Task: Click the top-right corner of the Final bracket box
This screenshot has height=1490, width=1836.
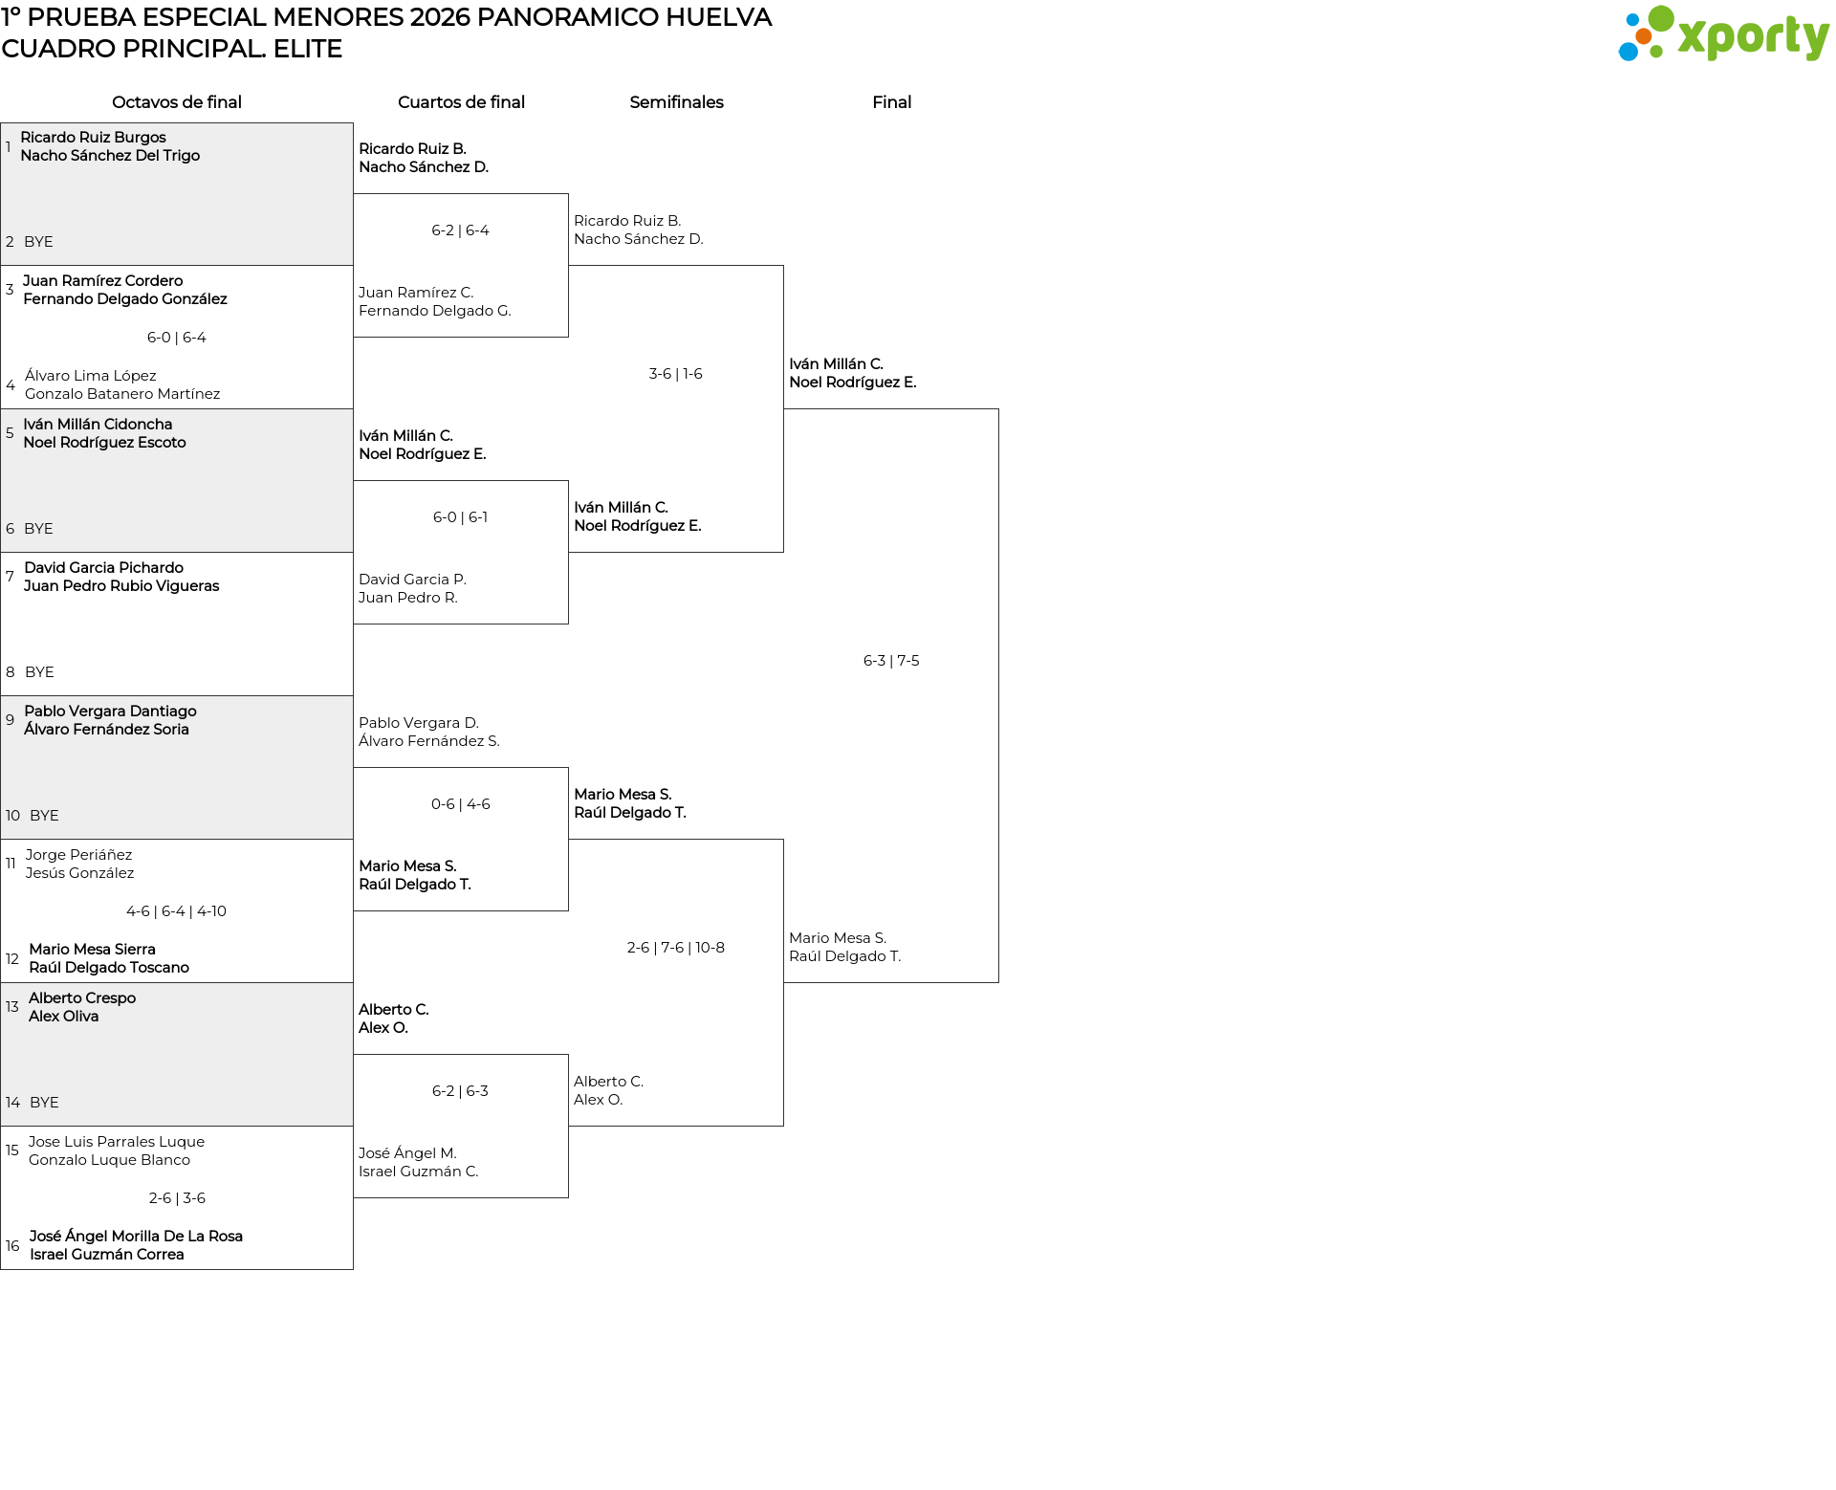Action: [998, 409]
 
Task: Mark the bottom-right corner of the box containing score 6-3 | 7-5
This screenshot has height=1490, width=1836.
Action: [998, 982]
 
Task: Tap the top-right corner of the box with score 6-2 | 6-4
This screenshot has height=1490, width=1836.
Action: [568, 194]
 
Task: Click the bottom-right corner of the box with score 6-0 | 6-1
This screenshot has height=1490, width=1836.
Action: [568, 624]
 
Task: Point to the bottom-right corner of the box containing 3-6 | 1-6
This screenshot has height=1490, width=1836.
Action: [783, 552]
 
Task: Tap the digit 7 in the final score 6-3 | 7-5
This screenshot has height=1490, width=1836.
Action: [901, 661]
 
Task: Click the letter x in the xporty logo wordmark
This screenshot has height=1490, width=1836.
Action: [1693, 37]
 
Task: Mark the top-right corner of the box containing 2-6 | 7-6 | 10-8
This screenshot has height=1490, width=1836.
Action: [783, 840]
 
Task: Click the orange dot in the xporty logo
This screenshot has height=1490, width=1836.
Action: [1643, 36]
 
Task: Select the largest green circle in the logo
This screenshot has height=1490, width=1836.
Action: [1661, 18]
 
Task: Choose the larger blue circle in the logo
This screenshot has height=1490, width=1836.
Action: [1628, 51]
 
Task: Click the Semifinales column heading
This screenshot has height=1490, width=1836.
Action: [676, 102]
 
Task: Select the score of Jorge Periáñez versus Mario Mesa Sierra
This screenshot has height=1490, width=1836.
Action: [176, 911]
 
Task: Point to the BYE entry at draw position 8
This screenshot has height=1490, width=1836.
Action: [39, 672]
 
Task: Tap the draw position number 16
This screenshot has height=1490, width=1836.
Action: [12, 1246]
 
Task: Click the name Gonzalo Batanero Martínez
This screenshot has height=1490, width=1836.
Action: [122, 394]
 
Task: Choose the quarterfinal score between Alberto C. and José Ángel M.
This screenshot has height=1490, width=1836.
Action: [460, 1091]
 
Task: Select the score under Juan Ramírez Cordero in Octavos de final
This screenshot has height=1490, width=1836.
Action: [177, 338]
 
